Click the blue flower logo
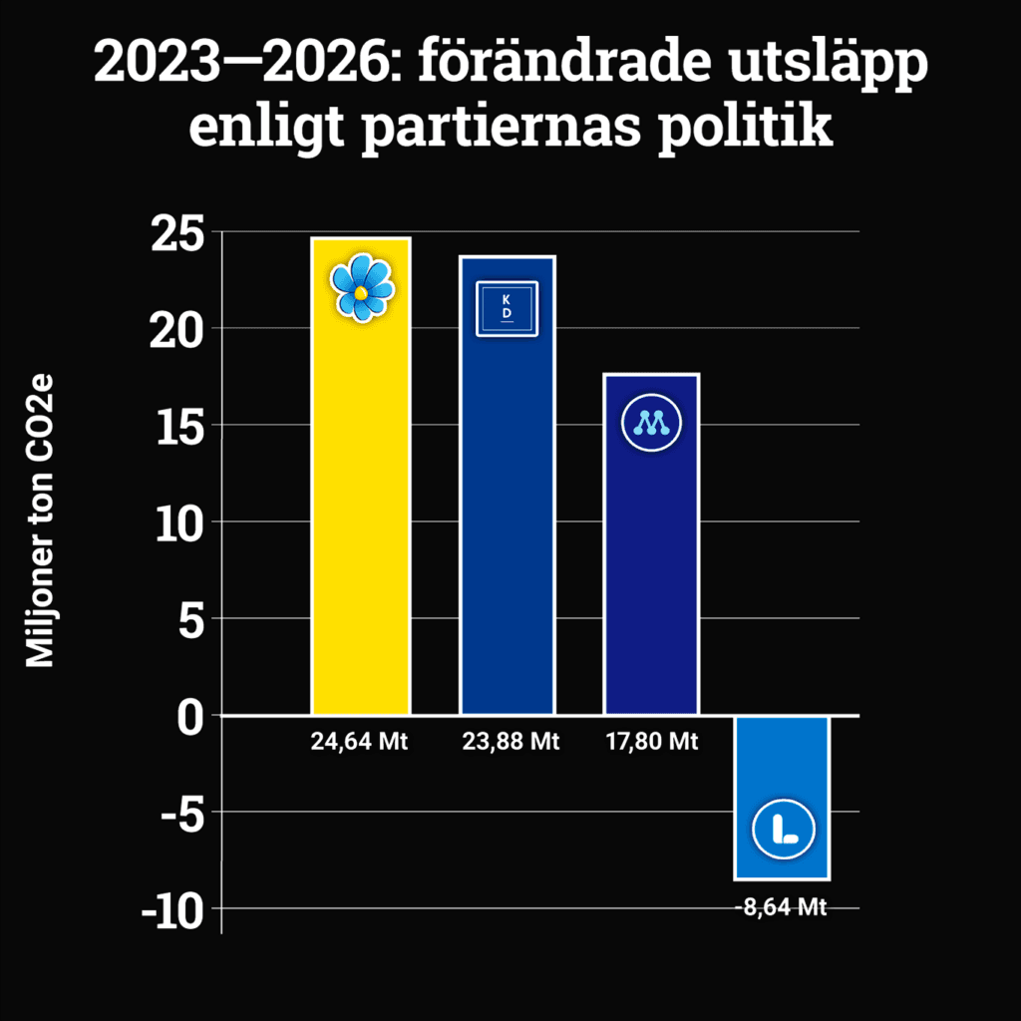point(362,286)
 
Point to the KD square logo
point(507,309)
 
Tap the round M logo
point(651,424)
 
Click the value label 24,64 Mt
point(360,742)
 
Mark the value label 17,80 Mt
point(652,742)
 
